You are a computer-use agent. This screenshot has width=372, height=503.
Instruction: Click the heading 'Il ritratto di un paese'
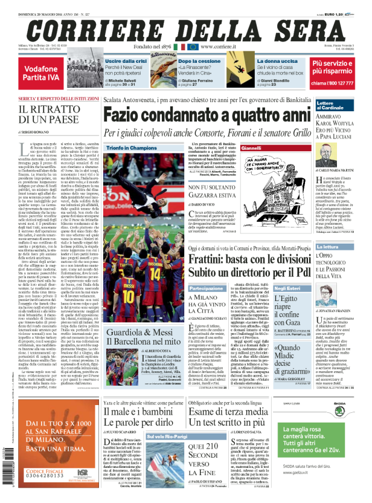pyautogui.click(x=50, y=115)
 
